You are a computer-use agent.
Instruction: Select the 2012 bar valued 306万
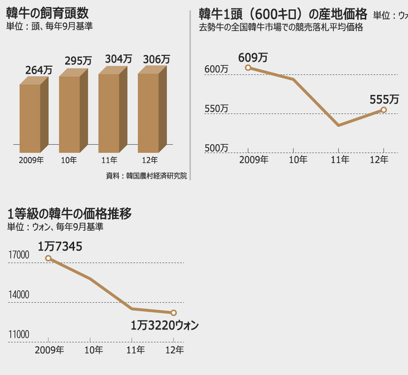148,113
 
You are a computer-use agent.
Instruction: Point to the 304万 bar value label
118,59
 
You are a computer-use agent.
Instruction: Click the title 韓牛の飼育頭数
48,13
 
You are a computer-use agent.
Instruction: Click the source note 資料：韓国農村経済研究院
146,176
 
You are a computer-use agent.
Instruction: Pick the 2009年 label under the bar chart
31,160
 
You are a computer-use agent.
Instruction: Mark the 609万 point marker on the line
248,68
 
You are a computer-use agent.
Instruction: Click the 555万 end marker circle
384,110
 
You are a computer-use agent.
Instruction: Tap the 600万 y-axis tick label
217,70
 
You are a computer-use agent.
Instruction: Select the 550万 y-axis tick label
217,109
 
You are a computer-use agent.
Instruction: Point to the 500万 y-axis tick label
217,148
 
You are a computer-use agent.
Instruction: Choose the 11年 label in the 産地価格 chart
340,160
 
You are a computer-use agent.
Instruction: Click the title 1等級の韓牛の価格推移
69,214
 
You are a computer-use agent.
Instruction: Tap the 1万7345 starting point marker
48,258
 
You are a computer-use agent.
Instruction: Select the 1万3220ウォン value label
165,325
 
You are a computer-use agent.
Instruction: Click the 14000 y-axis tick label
19,295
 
